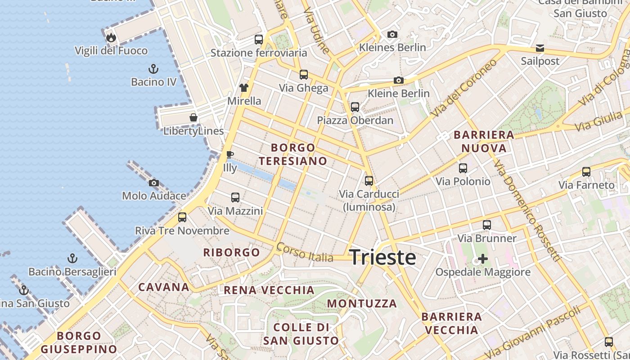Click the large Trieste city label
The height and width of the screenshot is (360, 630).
(383, 257)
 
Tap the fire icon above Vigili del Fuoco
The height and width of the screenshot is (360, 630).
(111, 37)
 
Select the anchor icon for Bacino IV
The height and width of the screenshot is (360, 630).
(153, 69)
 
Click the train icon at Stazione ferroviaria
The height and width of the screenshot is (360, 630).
(258, 40)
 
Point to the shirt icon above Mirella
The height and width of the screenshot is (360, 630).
(244, 88)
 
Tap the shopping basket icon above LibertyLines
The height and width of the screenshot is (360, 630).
(193, 117)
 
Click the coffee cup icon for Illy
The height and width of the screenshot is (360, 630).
(230, 155)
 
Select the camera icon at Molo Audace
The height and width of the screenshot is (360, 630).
(154, 183)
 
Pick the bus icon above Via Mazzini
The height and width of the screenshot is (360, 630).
(235, 198)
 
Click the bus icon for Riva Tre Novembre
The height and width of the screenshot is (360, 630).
(182, 217)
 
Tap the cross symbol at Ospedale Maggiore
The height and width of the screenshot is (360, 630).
(483, 259)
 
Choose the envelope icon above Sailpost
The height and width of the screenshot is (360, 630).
(540, 48)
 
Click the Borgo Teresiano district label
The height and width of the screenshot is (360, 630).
(293, 154)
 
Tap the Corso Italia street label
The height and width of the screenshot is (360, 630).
(305, 252)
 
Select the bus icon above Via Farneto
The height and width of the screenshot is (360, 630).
(586, 171)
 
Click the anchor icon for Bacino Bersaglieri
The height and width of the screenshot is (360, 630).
(72, 258)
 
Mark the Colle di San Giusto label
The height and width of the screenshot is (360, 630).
(301, 334)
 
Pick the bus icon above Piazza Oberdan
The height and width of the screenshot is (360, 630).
(355, 107)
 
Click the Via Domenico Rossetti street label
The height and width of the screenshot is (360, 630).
(526, 211)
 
